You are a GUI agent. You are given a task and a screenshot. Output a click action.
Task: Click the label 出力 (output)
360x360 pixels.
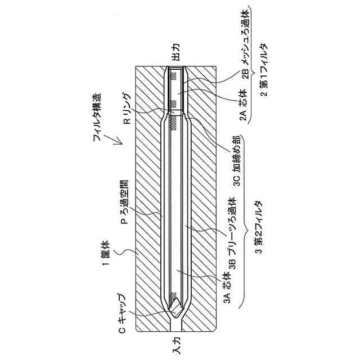click(175, 54)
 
